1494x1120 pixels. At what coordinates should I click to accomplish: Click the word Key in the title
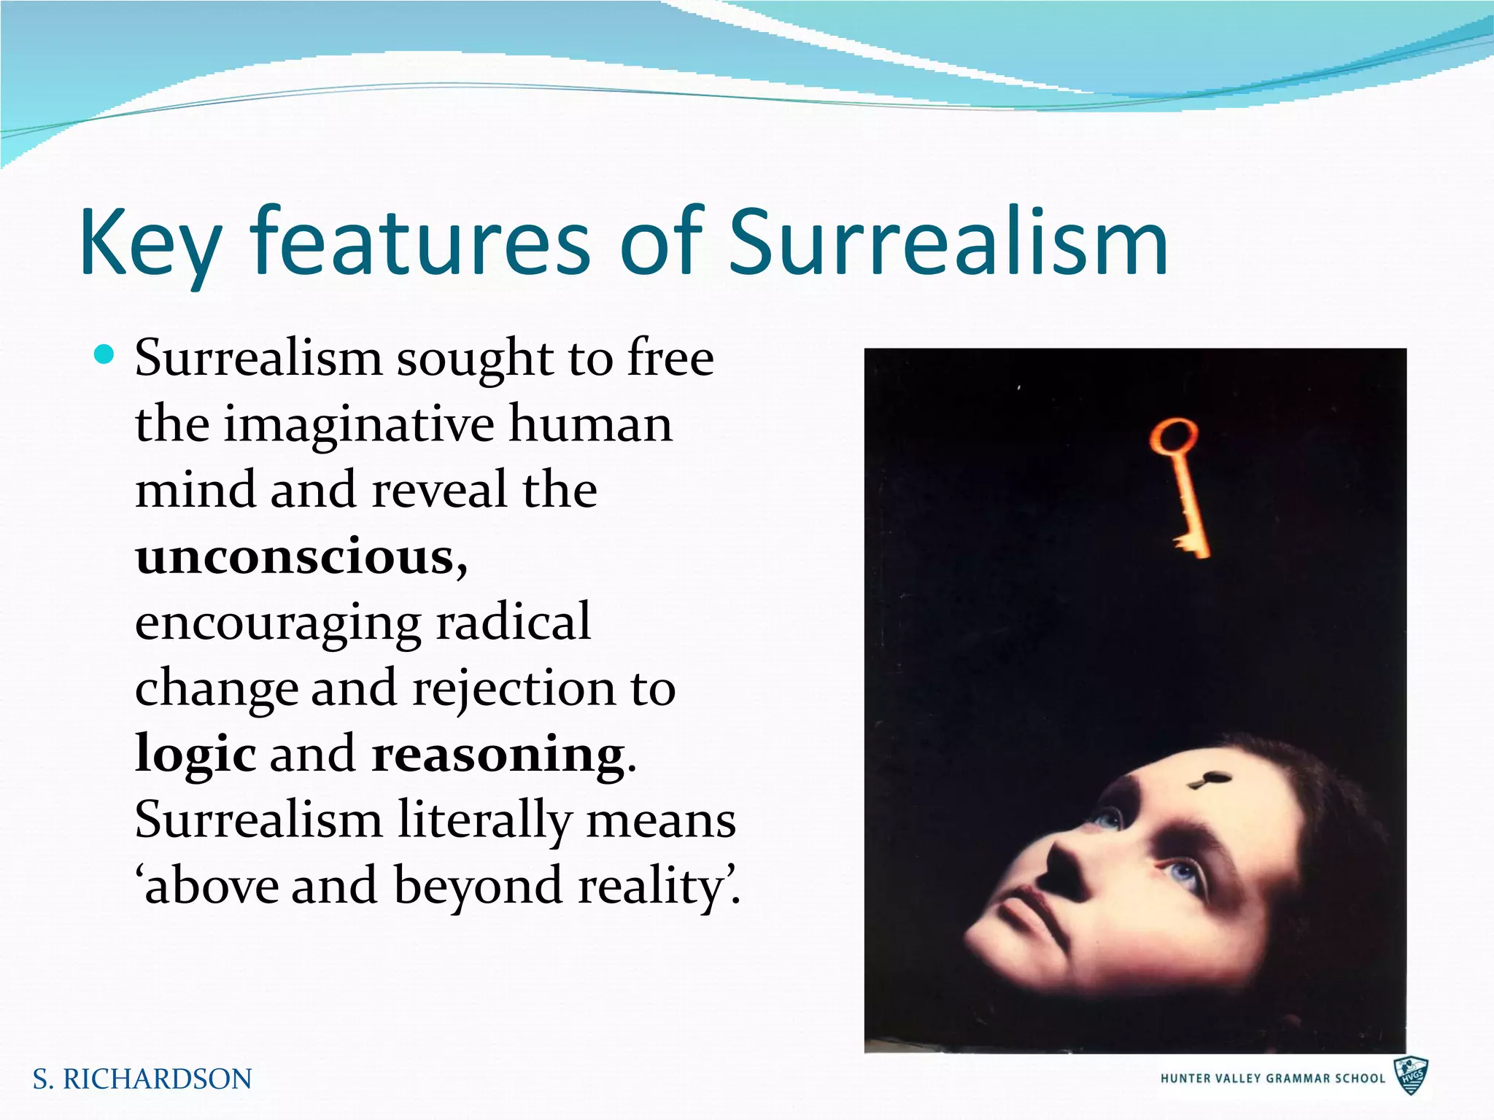click(150, 242)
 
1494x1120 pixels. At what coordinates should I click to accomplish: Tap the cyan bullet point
click(106, 355)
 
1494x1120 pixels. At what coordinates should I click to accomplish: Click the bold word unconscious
click(295, 556)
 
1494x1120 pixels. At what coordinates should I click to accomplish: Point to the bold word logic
click(196, 754)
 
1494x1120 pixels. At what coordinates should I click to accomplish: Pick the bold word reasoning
click(498, 754)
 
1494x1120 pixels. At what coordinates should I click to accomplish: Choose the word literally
click(484, 820)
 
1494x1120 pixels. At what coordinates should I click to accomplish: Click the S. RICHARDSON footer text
click(142, 1079)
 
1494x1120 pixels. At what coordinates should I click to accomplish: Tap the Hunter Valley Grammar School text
click(1272, 1078)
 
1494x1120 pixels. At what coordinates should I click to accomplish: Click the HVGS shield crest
click(1411, 1076)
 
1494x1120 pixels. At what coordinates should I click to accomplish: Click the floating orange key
click(1181, 489)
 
